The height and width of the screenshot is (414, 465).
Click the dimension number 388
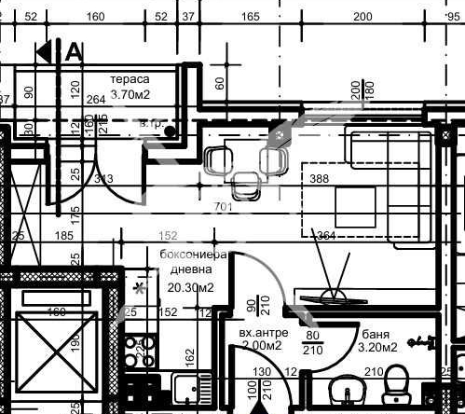pyautogui.click(x=320, y=179)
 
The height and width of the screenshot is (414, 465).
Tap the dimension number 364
pyautogui.click(x=325, y=235)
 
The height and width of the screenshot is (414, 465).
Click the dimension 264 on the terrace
pyautogui.click(x=95, y=101)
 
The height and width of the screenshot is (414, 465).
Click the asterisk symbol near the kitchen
pyautogui.click(x=140, y=288)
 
